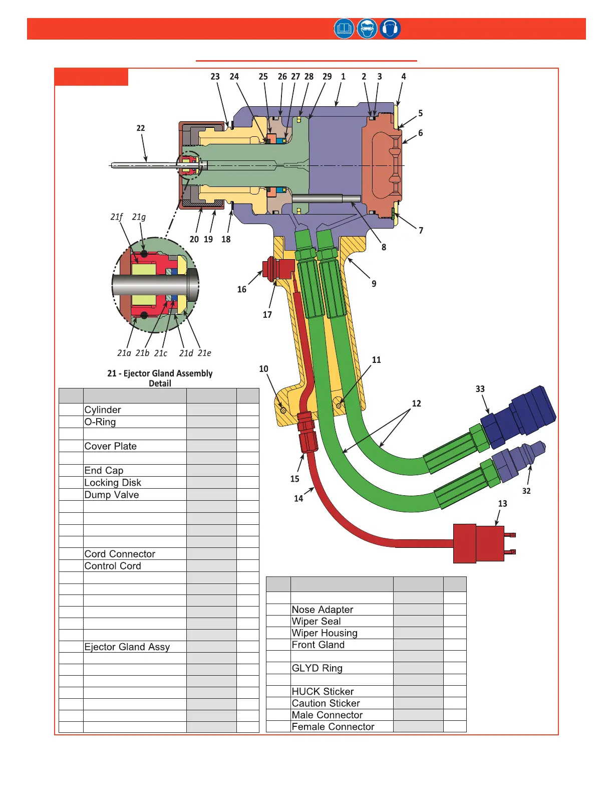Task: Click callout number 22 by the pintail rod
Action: tap(141, 128)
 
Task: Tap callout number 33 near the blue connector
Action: tap(480, 389)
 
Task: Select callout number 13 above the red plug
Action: tap(502, 504)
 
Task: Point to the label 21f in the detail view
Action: tap(116, 217)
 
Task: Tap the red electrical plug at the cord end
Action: tap(478, 543)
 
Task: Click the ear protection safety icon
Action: tap(390, 29)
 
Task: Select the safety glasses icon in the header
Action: tap(367, 29)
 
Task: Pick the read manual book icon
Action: tap(344, 29)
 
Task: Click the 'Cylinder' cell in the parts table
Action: tap(103, 410)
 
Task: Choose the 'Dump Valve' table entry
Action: tap(112, 495)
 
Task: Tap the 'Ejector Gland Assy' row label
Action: tap(127, 647)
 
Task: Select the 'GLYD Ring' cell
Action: tap(317, 668)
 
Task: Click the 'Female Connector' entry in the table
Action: tap(333, 727)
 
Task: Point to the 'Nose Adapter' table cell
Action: tap(323, 610)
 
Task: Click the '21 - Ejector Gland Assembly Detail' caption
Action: tap(160, 378)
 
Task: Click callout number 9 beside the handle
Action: tap(374, 284)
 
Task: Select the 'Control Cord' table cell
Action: tap(113, 566)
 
